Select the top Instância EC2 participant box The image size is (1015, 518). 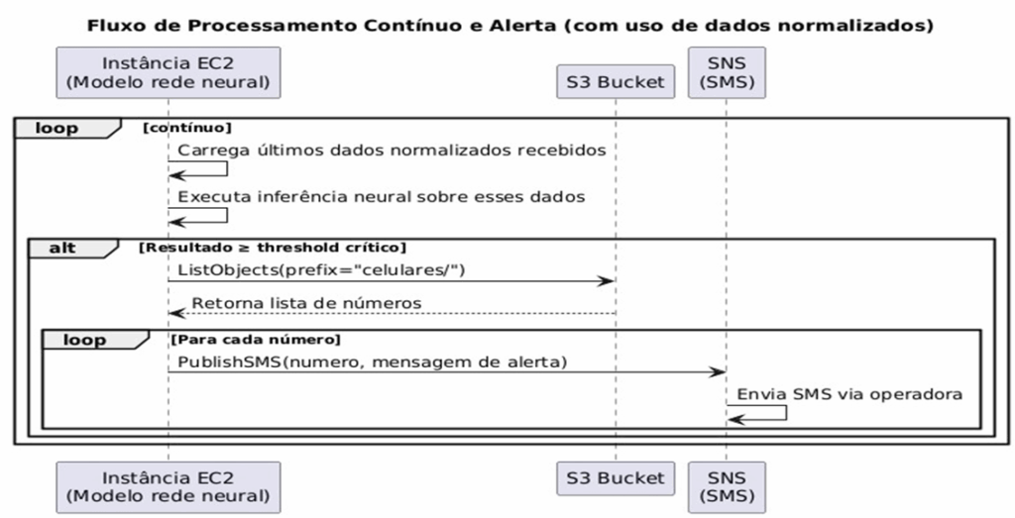169,72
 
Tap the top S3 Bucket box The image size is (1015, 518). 616,81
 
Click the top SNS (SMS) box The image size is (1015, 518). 727,72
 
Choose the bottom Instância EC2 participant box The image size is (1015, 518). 169,487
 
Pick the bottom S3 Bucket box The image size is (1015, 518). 616,478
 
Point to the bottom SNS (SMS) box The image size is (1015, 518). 727,487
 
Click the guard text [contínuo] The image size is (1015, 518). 187,128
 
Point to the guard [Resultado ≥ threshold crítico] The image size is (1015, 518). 273,248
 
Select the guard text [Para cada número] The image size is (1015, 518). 256,340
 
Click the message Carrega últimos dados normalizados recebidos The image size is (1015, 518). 392,151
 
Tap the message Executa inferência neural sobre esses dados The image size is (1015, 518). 382,196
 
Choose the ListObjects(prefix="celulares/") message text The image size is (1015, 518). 322,269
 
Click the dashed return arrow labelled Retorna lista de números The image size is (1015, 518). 392,314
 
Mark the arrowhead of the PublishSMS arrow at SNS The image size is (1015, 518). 718,371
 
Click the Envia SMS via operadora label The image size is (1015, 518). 849,394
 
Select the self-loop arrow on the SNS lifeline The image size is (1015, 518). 786,413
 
